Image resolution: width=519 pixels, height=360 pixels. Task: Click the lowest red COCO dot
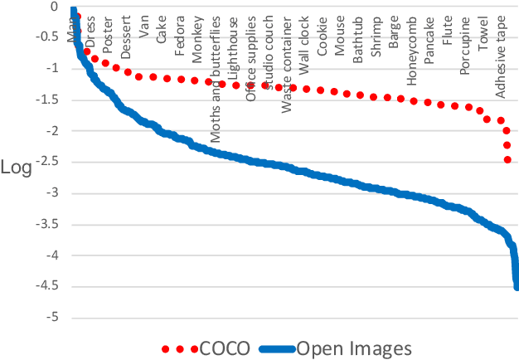point(507,159)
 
